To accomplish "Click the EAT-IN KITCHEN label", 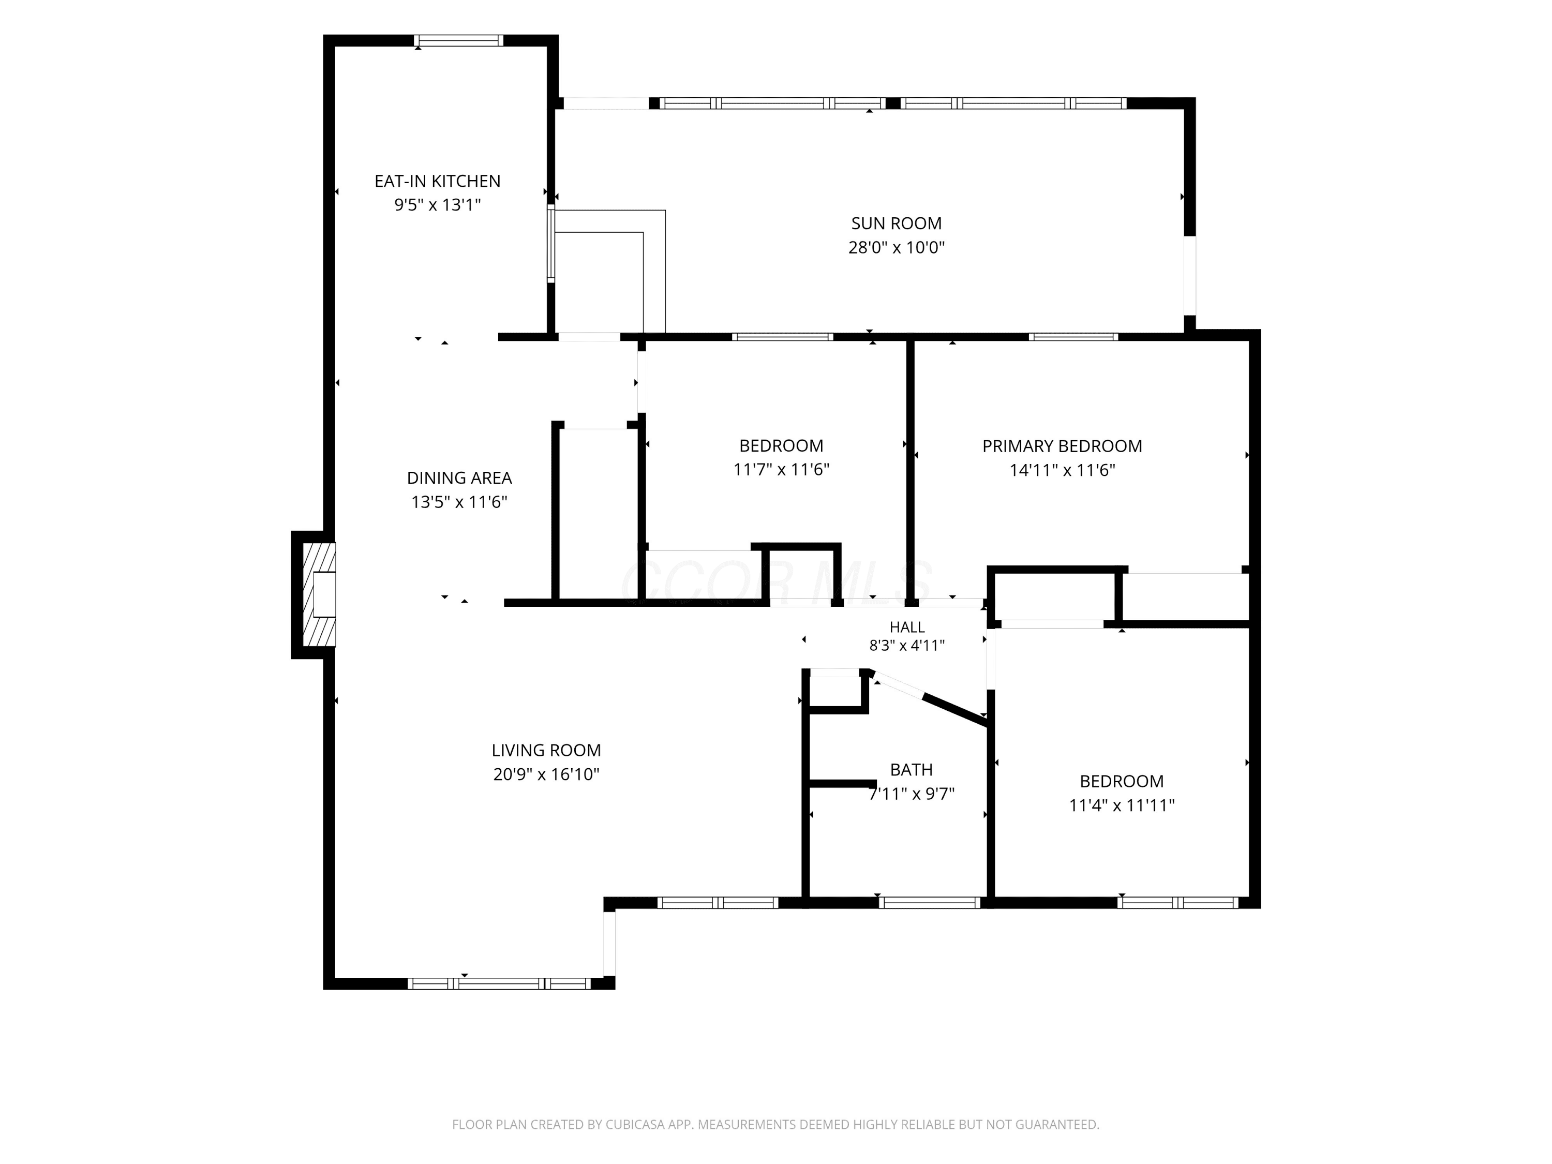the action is pos(437,181).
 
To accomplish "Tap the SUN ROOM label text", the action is pos(896,223).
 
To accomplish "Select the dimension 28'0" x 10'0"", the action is pos(896,247).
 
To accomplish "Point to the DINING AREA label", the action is pos(459,478).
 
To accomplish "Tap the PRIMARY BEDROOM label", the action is pos(1062,446).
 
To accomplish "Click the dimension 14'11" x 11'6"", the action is pos(1062,470).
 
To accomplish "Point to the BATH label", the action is pos(912,770).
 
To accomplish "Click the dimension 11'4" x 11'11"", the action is pos(1121,805).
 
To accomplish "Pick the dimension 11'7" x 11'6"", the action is pos(781,469).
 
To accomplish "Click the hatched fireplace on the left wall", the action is pos(319,594).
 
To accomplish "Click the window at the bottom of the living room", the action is pos(500,983).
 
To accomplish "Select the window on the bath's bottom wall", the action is pos(930,903).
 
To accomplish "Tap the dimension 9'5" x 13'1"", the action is pos(437,205).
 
